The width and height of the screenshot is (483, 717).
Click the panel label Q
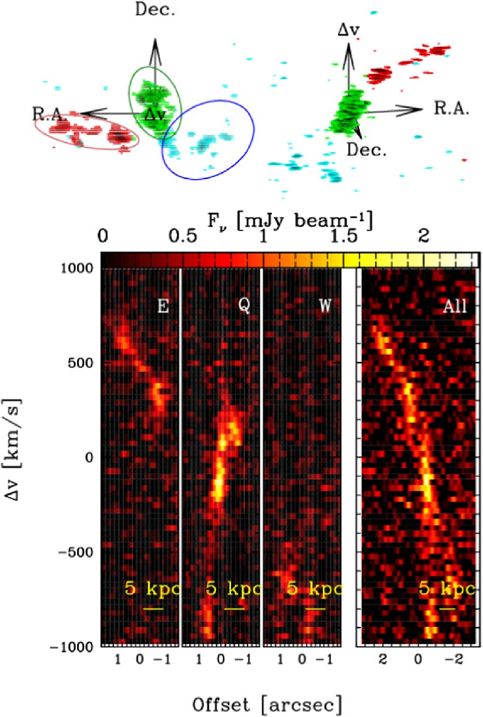[x=243, y=305]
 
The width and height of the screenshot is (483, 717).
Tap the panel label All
[x=454, y=305]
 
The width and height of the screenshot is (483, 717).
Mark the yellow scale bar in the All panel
[x=447, y=608]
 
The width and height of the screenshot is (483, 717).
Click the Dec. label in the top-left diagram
[x=155, y=11]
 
